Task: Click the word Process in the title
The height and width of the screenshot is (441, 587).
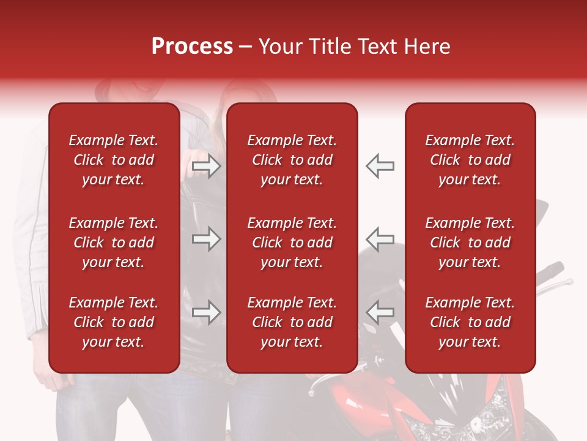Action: [192, 47]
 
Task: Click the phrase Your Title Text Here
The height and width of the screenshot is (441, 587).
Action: [354, 47]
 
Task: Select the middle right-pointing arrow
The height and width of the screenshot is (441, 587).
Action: [206, 239]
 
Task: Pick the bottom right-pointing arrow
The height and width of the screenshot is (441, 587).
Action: [206, 312]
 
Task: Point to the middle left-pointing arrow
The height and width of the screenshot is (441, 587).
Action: [380, 239]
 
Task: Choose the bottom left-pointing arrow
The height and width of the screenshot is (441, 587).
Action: [380, 312]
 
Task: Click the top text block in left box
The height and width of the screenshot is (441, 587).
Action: [113, 160]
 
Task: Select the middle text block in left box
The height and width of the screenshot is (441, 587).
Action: [113, 243]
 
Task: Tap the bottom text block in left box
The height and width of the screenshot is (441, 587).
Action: [113, 322]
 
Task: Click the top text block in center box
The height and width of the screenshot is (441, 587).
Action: [292, 160]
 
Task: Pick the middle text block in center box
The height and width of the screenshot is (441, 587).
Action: [292, 243]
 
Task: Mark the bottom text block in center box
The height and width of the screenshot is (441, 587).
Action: [292, 322]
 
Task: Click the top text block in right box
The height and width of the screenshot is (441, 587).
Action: [470, 160]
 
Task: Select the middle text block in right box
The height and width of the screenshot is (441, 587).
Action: [470, 243]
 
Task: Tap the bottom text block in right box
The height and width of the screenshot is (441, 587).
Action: [470, 322]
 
